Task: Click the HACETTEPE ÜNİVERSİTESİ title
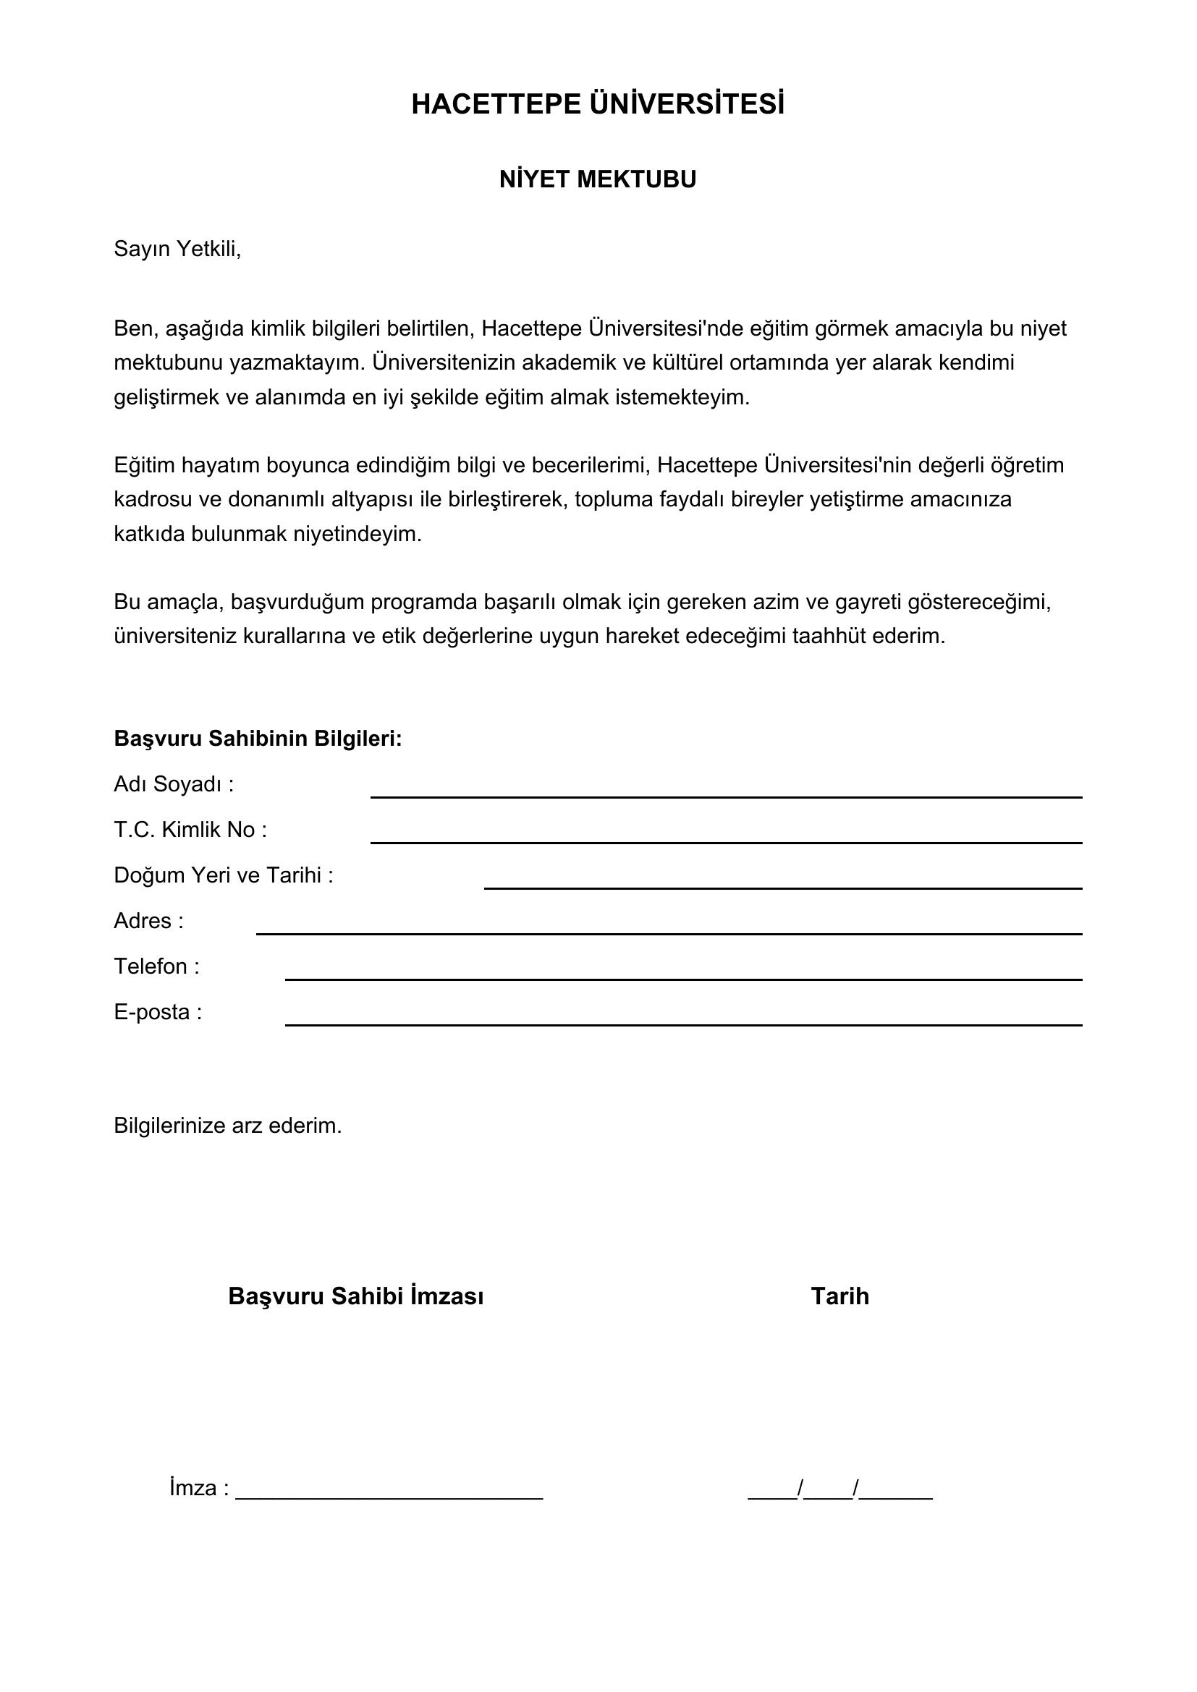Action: [x=598, y=105]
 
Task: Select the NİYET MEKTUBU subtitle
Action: [x=598, y=180]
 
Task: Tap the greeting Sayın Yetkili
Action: [x=177, y=249]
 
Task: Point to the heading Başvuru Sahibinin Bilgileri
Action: [x=258, y=739]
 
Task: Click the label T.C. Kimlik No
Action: [x=190, y=830]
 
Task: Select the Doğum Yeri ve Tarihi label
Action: [x=224, y=875]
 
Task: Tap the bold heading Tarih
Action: [x=839, y=1296]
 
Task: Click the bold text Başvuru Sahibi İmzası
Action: [x=356, y=1296]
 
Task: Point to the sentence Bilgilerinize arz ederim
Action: [x=228, y=1126]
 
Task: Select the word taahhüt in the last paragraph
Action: [x=829, y=636]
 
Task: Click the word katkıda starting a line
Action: [x=150, y=534]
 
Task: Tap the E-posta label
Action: [x=158, y=1013]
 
